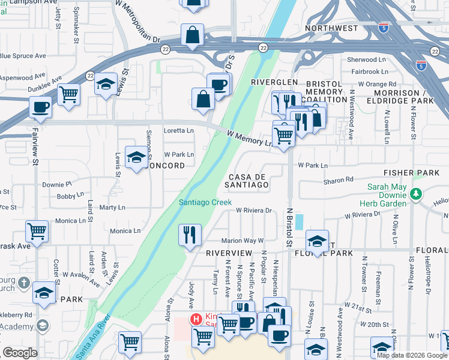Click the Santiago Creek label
(x=205, y=203)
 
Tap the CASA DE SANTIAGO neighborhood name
(x=247, y=181)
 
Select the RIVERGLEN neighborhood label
(x=274, y=82)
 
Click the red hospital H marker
(x=194, y=319)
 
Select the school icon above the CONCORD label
(x=136, y=157)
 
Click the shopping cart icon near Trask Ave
(x=37, y=231)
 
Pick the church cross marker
(x=23, y=282)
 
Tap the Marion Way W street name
(x=243, y=241)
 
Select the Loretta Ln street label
(x=179, y=130)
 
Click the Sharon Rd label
(x=338, y=180)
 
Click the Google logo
(x=20, y=353)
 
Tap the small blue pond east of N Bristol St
(x=300, y=221)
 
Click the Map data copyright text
(x=412, y=355)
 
